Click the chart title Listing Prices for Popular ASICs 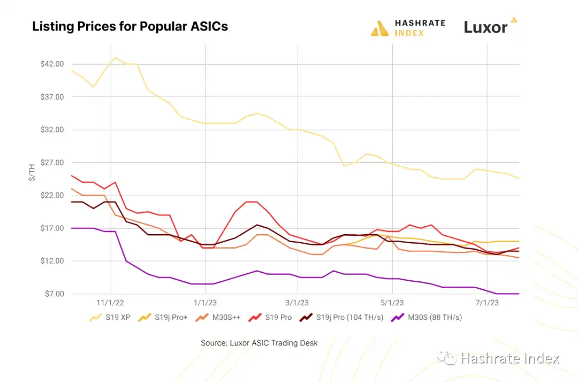coord(130,26)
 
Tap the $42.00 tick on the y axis coord(52,64)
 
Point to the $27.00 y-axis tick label coord(52,162)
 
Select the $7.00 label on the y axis coord(54,294)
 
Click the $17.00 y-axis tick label coord(52,228)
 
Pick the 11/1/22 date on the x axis coord(111,303)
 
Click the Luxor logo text coord(485,27)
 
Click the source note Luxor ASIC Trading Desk coord(259,343)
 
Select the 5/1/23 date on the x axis coord(392,303)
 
